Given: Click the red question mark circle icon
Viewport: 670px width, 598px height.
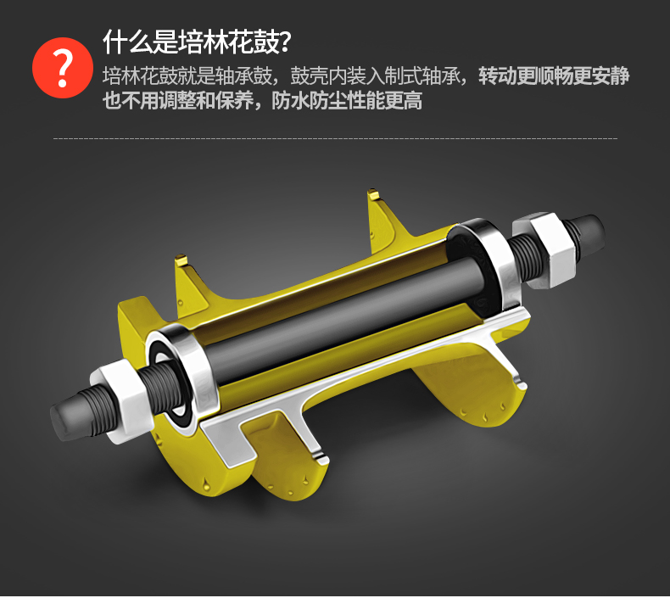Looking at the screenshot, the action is (63, 68).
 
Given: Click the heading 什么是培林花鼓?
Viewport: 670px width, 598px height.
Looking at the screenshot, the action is (197, 42).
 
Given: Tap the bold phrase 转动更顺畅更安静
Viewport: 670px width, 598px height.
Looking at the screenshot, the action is (554, 76).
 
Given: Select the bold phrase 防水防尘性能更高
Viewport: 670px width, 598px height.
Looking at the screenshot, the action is (347, 101).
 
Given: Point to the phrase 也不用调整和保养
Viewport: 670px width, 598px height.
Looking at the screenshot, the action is (178, 101).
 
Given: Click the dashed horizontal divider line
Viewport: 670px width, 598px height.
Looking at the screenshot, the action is (335, 138).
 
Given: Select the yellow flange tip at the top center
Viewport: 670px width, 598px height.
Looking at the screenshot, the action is (373, 194).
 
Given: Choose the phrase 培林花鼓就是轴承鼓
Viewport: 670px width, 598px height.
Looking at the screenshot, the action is (187, 76).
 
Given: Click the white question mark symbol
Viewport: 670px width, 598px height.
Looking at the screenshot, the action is (64, 68).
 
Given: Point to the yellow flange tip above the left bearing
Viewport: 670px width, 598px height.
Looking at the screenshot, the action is (181, 260).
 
